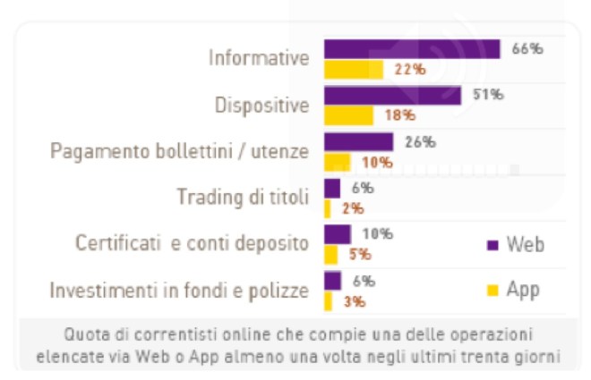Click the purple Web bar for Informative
(411, 49)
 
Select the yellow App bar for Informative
(353, 69)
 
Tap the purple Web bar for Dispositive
(391, 96)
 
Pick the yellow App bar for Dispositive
(347, 115)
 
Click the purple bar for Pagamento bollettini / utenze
(358, 142)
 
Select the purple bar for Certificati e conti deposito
(337, 234)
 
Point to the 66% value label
(527, 49)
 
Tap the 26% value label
(419, 141)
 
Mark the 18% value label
(398, 115)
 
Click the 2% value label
(352, 208)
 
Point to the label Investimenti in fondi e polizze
(179, 290)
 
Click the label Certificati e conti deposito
(192, 243)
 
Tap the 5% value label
(360, 254)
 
